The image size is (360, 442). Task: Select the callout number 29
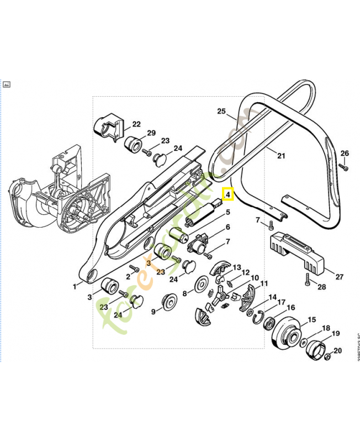tap(151, 133)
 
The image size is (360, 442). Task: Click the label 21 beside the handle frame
tap(281, 155)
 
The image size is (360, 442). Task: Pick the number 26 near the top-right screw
tap(345, 153)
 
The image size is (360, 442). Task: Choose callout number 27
tap(339, 276)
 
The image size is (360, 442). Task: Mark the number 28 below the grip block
tap(321, 287)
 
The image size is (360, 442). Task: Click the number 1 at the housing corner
tap(75, 286)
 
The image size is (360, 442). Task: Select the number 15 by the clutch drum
tap(311, 319)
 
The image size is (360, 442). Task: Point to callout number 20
tap(338, 350)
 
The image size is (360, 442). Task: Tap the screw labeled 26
tap(343, 165)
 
